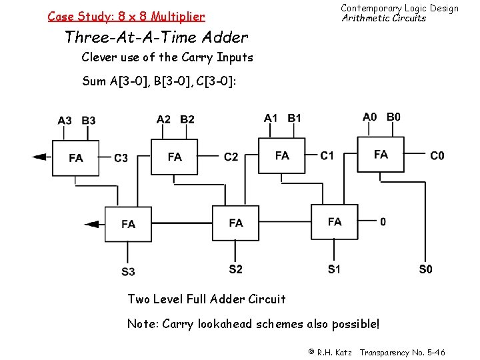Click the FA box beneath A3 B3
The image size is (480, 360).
point(76,158)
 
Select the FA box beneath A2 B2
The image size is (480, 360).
point(175,157)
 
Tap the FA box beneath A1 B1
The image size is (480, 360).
point(282,155)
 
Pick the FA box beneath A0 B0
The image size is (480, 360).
point(381,155)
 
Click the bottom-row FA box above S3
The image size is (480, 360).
point(128,224)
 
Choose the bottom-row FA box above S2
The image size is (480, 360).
point(235,223)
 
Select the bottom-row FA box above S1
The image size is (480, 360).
point(335,221)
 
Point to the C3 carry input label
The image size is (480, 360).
point(121,158)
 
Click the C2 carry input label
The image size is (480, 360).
point(231,157)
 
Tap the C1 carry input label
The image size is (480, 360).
point(327,155)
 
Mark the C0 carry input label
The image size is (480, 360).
point(437,155)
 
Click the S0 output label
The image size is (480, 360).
point(425,269)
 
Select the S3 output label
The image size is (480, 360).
point(128,271)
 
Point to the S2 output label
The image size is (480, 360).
point(235,269)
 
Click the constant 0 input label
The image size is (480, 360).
point(383,221)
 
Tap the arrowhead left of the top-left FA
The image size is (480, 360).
point(40,157)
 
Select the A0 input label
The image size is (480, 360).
point(369,117)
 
